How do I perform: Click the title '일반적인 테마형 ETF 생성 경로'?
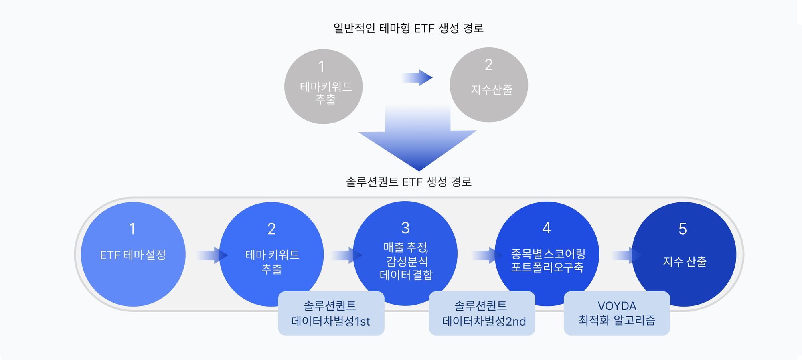(408, 28)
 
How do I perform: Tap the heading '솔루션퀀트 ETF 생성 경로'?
(409, 182)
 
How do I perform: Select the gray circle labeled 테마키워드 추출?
(323, 87)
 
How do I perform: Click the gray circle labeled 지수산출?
(489, 85)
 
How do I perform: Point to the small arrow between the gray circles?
(417, 77)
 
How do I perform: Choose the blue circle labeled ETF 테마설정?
(133, 254)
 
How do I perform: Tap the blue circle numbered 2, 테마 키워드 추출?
(271, 254)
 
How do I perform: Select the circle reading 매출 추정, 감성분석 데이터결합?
(405, 253)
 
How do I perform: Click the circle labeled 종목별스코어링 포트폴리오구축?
(547, 254)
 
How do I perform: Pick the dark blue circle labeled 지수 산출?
(684, 254)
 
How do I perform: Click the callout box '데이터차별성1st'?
(331, 313)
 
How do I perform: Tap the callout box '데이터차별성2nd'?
(482, 313)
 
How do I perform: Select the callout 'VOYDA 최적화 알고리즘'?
(617, 313)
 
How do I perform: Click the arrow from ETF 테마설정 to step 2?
(212, 255)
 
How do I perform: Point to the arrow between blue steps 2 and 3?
(346, 255)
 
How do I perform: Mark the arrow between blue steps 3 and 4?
(487, 255)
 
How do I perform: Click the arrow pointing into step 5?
(626, 255)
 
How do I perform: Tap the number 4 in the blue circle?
(547, 228)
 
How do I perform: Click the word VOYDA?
(617, 306)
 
